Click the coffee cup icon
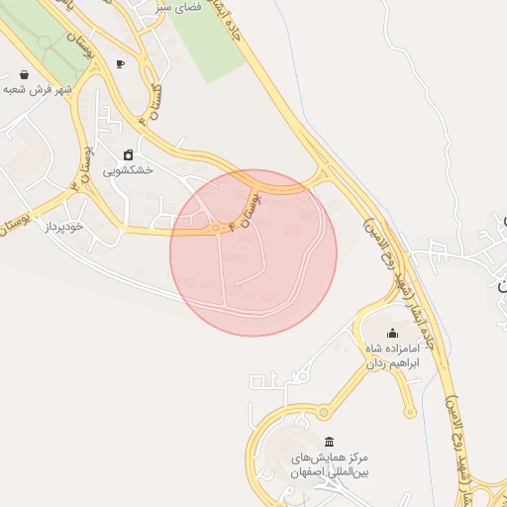[x=121, y=63]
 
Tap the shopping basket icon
[x=23, y=74]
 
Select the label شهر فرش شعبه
[x=41, y=89]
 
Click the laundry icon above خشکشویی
[x=129, y=154]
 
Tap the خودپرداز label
[x=66, y=227]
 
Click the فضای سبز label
[x=179, y=7]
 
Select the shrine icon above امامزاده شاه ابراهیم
[x=392, y=333]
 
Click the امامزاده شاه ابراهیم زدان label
[x=393, y=356]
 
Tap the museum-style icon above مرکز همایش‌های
[x=329, y=442]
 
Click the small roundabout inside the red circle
[x=216, y=229]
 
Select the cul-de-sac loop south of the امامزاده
[x=409, y=412]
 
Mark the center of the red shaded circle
[x=253, y=253]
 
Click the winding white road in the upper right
[x=416, y=99]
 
